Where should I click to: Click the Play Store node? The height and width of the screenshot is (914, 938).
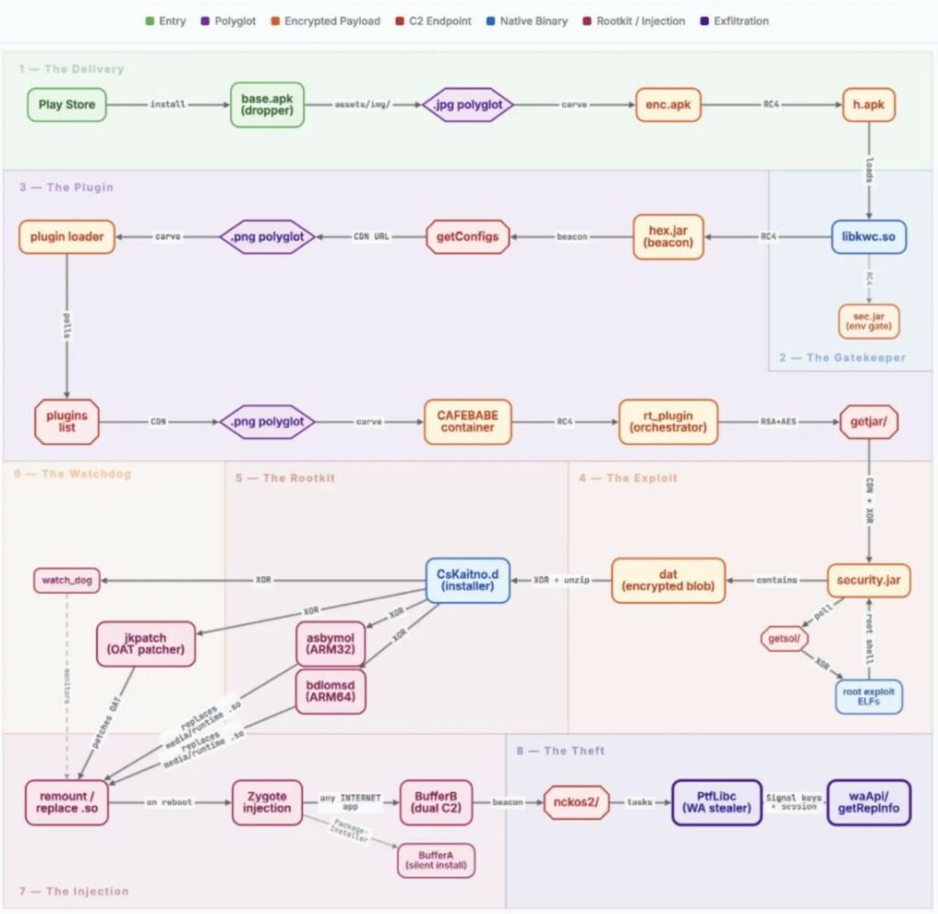pyautogui.click(x=67, y=105)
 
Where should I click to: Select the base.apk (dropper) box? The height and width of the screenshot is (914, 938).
pyautogui.click(x=267, y=105)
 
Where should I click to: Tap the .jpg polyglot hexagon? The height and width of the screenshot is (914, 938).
pyautogui.click(x=469, y=105)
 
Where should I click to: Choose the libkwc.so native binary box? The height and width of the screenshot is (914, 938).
pyautogui.click(x=868, y=237)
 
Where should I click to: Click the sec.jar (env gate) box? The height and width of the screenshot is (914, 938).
pyautogui.click(x=868, y=321)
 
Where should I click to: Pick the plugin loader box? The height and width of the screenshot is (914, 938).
pyautogui.click(x=66, y=237)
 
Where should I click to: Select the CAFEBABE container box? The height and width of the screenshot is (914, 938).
pyautogui.click(x=467, y=422)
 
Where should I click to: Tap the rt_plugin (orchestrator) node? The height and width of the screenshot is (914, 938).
pyautogui.click(x=668, y=422)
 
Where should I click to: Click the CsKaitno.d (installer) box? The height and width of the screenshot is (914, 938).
pyautogui.click(x=467, y=580)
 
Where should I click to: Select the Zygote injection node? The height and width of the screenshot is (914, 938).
pyautogui.click(x=267, y=802)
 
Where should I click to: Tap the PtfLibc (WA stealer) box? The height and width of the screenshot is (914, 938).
pyautogui.click(x=716, y=802)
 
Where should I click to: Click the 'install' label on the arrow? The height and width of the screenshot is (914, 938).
pyautogui.click(x=167, y=105)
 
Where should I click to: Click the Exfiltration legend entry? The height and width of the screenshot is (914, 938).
pyautogui.click(x=735, y=20)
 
